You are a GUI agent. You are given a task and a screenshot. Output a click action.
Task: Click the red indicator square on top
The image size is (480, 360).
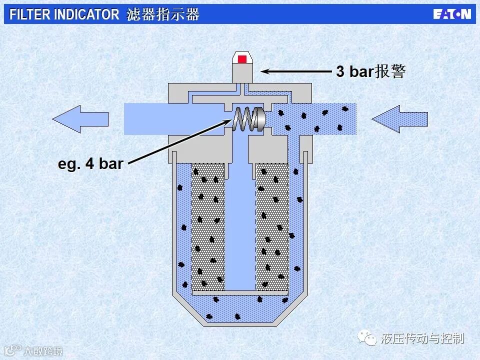[x=242, y=59]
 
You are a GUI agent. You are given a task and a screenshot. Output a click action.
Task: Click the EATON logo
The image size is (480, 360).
[x=451, y=14]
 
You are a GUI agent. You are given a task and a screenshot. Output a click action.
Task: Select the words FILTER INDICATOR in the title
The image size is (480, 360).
[x=64, y=14]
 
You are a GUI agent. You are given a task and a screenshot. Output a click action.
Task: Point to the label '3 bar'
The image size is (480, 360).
[x=354, y=71]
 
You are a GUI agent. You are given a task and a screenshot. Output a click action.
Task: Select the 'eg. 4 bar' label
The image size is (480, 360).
[x=90, y=163]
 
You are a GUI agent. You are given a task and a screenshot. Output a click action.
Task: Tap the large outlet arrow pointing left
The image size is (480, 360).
[x=80, y=119]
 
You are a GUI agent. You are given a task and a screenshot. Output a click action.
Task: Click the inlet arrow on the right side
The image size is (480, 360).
[x=399, y=119]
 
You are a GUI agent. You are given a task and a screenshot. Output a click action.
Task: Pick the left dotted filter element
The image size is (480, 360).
[x=207, y=225]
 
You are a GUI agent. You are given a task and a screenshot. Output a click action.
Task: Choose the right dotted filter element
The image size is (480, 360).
[x=272, y=225]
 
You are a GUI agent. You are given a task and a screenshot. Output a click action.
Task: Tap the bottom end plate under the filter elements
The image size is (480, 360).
[x=240, y=292]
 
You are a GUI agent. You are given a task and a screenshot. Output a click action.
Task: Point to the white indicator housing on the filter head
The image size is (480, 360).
[x=242, y=67]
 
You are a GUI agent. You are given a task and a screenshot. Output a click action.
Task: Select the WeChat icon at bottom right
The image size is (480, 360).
[x=370, y=339]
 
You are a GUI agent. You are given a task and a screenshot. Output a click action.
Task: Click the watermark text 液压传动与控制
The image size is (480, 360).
[x=422, y=339]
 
